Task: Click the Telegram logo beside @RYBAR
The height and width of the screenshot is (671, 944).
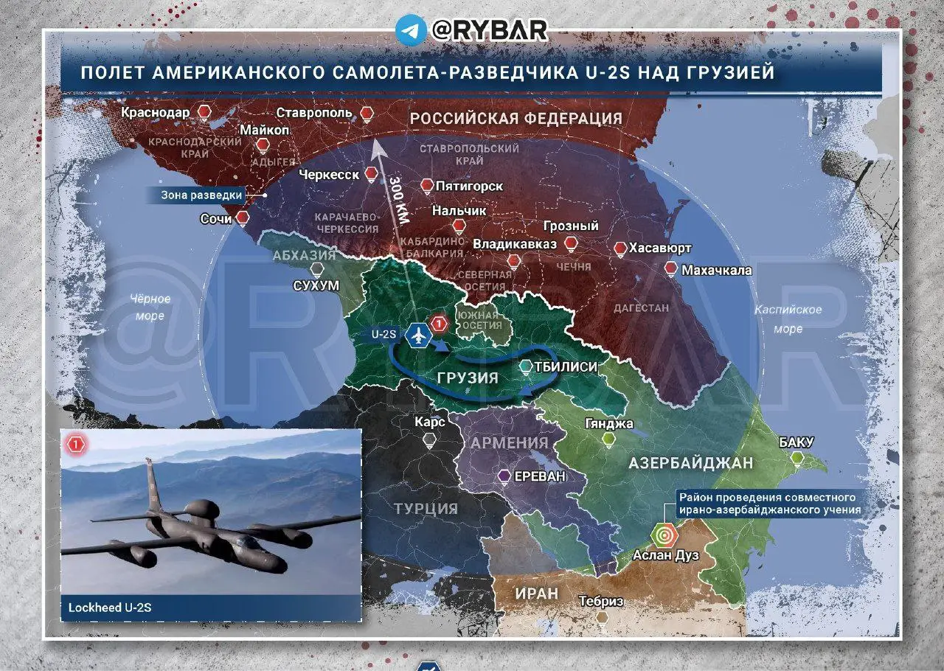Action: [412, 30]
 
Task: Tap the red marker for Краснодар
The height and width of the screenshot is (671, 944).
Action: [204, 113]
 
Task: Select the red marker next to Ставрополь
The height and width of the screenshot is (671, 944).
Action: [367, 114]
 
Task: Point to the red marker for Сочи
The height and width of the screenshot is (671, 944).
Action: [242, 218]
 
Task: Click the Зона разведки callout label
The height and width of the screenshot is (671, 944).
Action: [202, 195]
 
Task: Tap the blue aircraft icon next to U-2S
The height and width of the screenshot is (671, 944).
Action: [418, 334]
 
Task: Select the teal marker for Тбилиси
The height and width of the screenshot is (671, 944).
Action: [525, 366]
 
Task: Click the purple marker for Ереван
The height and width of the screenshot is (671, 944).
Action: [504, 476]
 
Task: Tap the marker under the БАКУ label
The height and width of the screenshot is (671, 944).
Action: [796, 459]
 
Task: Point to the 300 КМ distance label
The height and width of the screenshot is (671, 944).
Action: [398, 198]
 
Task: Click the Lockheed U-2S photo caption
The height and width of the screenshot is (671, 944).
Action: [111, 608]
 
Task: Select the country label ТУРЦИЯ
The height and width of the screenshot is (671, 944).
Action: [426, 509]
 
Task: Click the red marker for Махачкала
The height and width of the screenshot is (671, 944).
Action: [670, 270]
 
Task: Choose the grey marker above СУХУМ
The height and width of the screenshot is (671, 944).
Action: [318, 270]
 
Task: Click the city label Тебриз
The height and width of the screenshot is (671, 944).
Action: [601, 601]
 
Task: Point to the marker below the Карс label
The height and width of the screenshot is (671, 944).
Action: [430, 440]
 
